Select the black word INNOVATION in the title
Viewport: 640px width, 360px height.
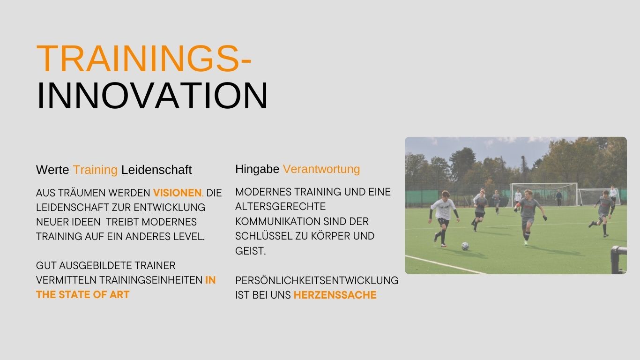(x=152, y=96)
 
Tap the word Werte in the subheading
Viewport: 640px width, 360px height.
(x=52, y=170)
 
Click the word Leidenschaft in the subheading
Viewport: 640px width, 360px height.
(x=156, y=170)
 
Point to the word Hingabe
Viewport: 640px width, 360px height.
(x=257, y=169)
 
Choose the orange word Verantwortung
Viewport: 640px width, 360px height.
(x=321, y=169)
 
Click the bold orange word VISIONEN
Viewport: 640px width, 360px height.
(x=177, y=193)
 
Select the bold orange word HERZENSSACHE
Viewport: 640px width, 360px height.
(x=335, y=295)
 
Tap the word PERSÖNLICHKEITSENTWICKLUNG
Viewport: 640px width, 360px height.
(x=317, y=280)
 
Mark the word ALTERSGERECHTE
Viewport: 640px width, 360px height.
(x=280, y=206)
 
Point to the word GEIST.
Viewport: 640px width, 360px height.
(x=251, y=251)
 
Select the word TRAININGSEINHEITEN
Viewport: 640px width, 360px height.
(x=151, y=280)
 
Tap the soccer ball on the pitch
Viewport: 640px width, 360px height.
(x=465, y=246)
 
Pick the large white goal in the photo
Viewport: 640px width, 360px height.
(x=543, y=194)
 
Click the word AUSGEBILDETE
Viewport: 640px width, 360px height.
(x=96, y=266)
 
